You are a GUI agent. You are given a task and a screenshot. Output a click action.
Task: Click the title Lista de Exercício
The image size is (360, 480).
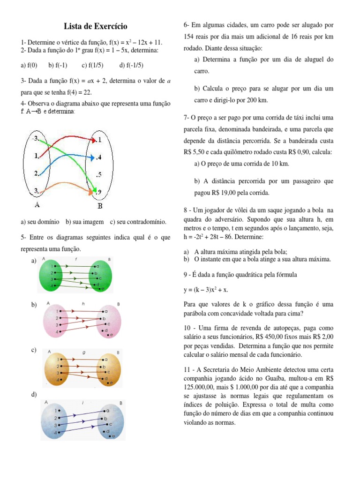[x=95, y=26]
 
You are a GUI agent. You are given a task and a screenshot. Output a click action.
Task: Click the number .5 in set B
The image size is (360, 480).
[x=99, y=174]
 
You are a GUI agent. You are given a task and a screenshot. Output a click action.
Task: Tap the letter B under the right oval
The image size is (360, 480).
[x=100, y=206]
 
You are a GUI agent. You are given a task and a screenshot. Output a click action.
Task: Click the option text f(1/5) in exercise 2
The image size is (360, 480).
[x=92, y=65]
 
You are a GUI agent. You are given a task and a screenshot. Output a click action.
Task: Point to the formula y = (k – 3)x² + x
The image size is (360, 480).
[x=206, y=290]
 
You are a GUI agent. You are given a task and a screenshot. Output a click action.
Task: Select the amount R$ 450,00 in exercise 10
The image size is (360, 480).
[x=260, y=337]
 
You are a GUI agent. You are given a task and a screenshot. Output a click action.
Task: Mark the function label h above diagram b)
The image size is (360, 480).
[x=83, y=303]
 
